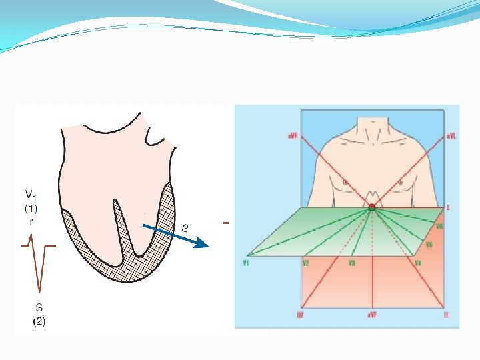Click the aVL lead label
(x=451, y=135)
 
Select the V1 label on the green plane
(x=246, y=263)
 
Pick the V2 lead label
(x=305, y=263)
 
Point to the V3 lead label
(x=351, y=263)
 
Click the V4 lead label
(x=417, y=263)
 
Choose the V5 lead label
(x=429, y=245)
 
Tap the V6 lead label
(x=439, y=227)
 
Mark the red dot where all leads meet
(x=372, y=208)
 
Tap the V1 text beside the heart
(x=31, y=195)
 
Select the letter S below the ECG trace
(x=39, y=308)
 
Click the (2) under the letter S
(x=39, y=321)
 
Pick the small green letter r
(x=31, y=222)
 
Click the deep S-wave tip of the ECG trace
(x=40, y=292)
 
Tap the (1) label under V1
(x=31, y=208)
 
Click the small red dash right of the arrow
(x=227, y=223)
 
